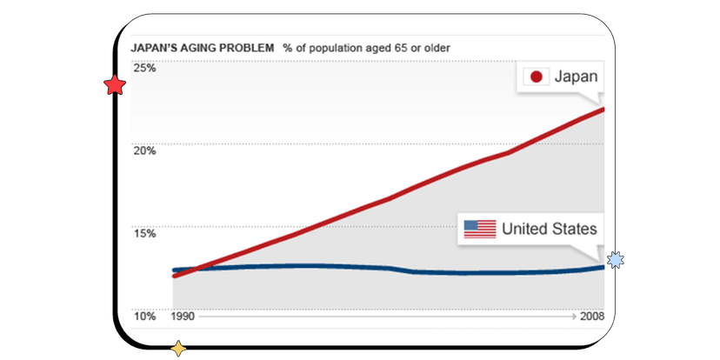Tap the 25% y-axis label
pyautogui.click(x=143, y=68)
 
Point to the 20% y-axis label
pyautogui.click(x=143, y=150)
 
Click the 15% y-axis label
pyautogui.click(x=143, y=233)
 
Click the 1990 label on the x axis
pyautogui.click(x=183, y=317)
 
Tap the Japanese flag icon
pyautogui.click(x=537, y=77)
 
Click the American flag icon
pyautogui.click(x=480, y=229)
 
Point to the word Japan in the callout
pyautogui.click(x=575, y=77)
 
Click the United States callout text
pyautogui.click(x=550, y=229)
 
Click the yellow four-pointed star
pyautogui.click(x=178, y=349)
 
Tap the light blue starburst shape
pyautogui.click(x=616, y=259)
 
